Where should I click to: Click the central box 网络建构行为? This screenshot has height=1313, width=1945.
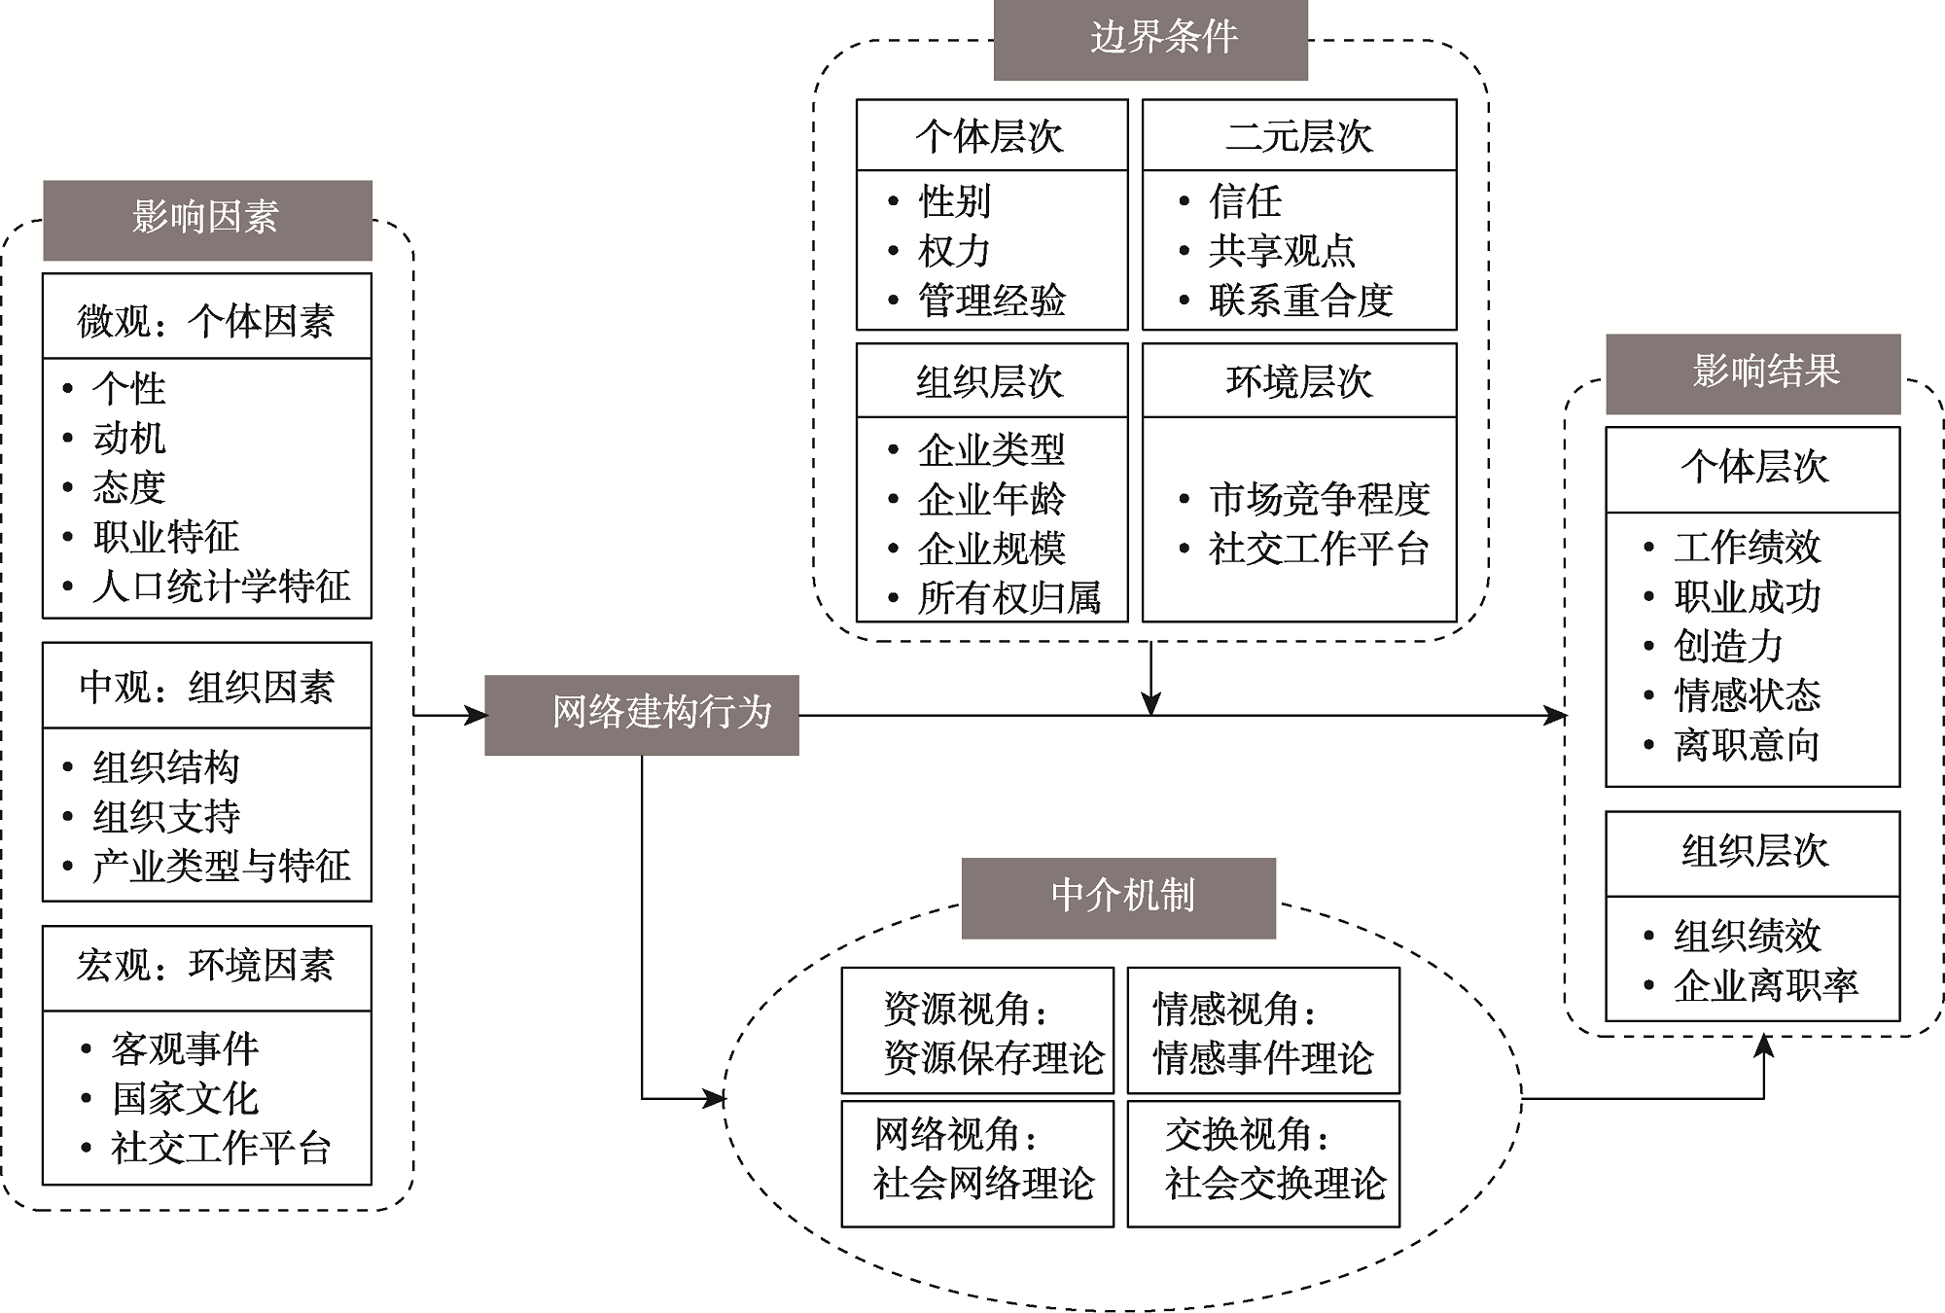[642, 715]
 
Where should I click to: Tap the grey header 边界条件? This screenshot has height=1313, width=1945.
[1150, 40]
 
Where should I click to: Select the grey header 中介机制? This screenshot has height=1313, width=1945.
[1118, 898]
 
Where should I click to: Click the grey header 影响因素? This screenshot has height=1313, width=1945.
[207, 220]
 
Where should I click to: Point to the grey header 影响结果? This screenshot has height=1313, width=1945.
[1752, 373]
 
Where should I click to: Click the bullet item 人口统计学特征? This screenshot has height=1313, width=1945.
[221, 586]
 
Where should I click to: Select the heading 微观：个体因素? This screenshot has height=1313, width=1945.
[207, 320]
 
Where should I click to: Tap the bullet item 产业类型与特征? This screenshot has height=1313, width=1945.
[221, 866]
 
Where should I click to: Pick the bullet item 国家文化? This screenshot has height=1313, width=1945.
[185, 1099]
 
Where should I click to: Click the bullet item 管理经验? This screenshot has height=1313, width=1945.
[991, 301]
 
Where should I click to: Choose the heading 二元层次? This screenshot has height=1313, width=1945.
[1299, 137]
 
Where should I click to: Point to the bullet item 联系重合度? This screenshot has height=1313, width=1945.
[1300, 301]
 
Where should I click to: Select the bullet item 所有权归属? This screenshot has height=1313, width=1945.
[1008, 598]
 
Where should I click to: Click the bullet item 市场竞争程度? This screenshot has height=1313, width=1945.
[1319, 500]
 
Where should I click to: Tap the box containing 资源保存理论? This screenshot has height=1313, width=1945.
[977, 1031]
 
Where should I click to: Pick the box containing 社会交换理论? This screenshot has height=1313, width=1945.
[1263, 1163]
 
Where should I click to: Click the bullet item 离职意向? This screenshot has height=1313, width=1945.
[1747, 746]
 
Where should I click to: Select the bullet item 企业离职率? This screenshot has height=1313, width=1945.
[1765, 986]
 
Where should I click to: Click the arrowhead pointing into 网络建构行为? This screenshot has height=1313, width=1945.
[477, 716]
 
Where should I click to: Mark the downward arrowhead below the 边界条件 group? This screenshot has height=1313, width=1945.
[1150, 703]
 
